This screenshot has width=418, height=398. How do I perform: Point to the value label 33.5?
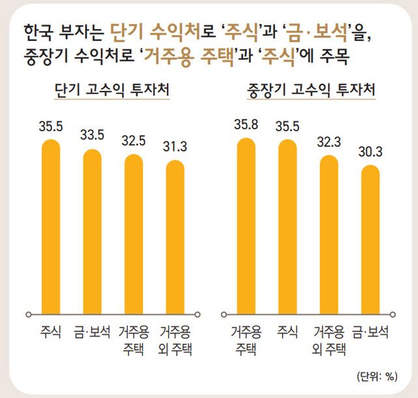click(x=91, y=136)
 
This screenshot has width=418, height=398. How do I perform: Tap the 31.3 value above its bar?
click(x=174, y=147)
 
